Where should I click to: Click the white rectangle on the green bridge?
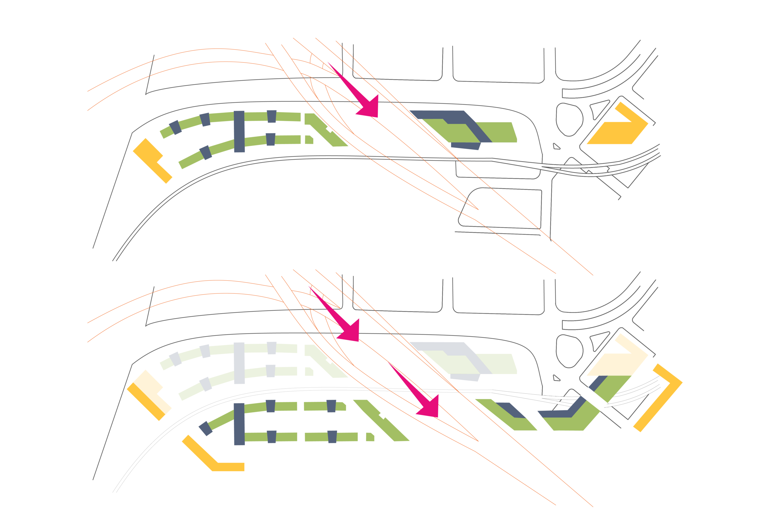click(594, 399)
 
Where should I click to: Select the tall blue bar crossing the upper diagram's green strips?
click(239, 131)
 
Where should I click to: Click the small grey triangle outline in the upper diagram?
click(556, 147)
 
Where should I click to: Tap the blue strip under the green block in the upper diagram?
click(466, 146)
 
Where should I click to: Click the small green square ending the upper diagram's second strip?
click(309, 140)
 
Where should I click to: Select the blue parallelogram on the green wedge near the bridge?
click(510, 410)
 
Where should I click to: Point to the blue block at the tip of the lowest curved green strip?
click(205, 428)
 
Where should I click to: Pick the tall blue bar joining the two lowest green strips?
click(239, 424)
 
